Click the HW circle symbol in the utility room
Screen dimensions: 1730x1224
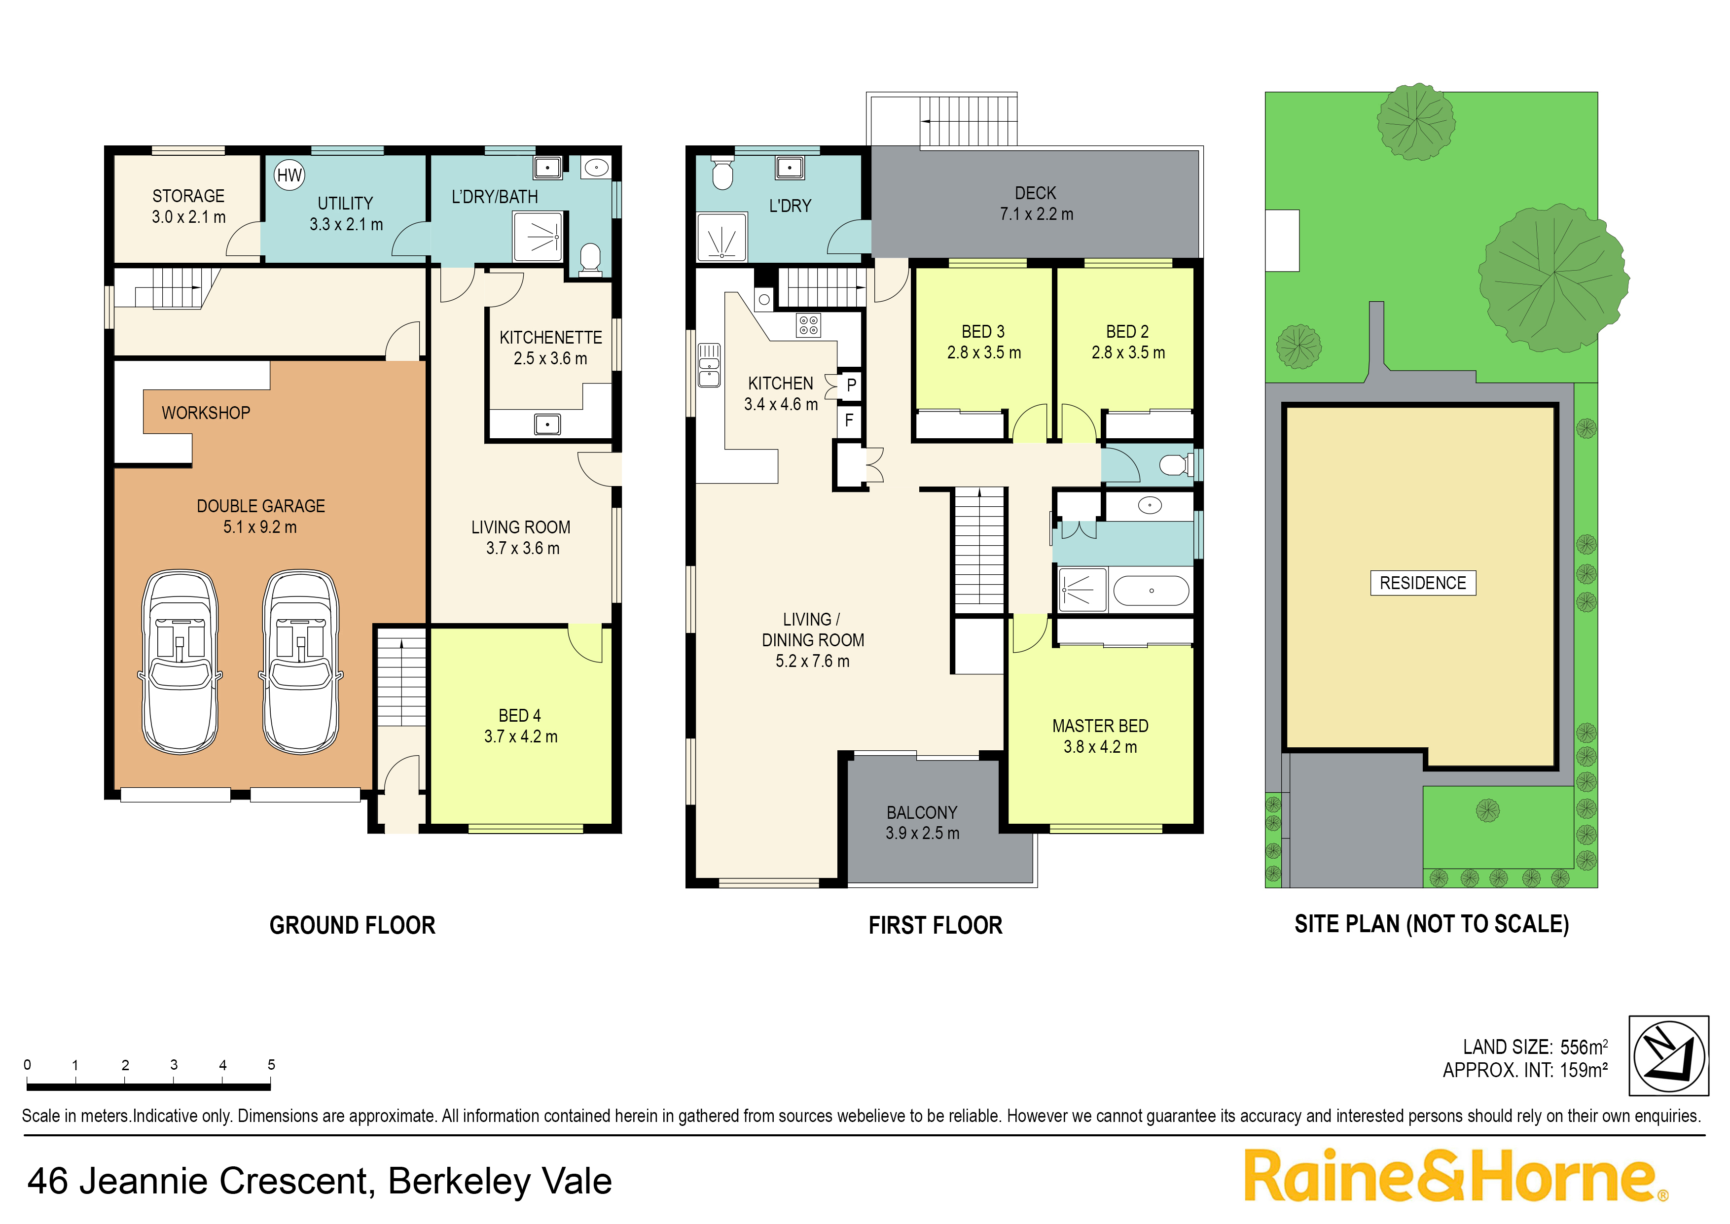pyautogui.click(x=289, y=175)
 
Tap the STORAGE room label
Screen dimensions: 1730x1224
pyautogui.click(x=188, y=196)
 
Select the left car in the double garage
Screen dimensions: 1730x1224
pyautogui.click(x=180, y=662)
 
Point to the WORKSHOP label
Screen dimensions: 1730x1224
pyautogui.click(x=206, y=413)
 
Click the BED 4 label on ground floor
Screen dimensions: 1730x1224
pyautogui.click(x=520, y=715)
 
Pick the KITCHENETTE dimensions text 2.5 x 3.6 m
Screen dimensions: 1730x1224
pyautogui.click(x=550, y=359)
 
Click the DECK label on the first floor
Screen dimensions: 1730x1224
pyautogui.click(x=1036, y=193)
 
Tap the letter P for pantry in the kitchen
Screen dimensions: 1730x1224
pyautogui.click(x=851, y=385)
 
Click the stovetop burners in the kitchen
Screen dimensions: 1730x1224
pyautogui.click(x=808, y=326)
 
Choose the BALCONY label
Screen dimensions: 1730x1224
pyautogui.click(x=922, y=812)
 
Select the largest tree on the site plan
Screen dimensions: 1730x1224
pyautogui.click(x=1553, y=278)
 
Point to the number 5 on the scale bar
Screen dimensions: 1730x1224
pyautogui.click(x=271, y=1065)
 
